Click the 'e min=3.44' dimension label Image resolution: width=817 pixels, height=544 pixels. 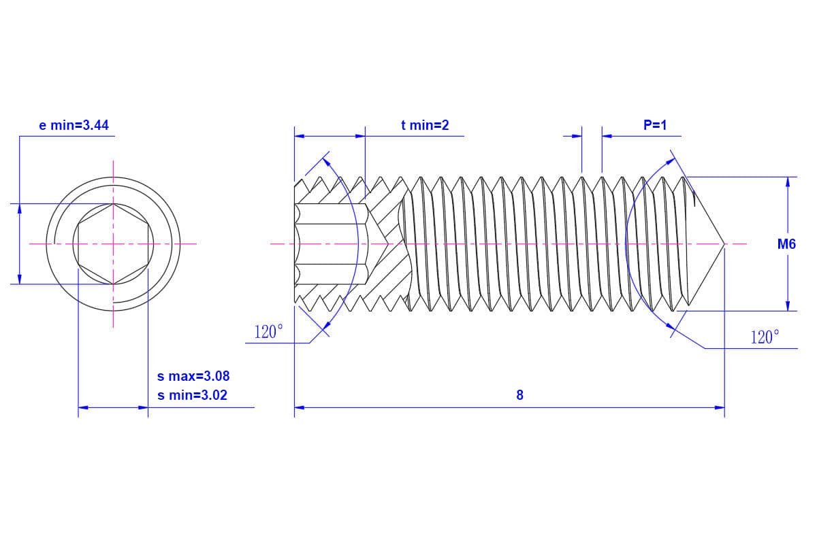click(x=74, y=125)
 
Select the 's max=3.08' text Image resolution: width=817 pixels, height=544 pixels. click(x=193, y=376)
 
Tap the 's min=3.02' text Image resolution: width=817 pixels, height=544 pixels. click(x=193, y=394)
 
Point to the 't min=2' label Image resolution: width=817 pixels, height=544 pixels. click(x=425, y=125)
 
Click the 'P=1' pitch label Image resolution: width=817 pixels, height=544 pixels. click(x=655, y=125)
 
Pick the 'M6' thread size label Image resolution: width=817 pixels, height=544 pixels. click(x=786, y=244)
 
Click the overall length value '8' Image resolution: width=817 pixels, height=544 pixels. click(x=519, y=395)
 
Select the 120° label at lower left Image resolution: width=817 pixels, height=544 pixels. click(x=268, y=332)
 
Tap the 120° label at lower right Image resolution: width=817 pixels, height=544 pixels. click(x=765, y=337)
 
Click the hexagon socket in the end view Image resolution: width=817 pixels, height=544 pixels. click(x=113, y=243)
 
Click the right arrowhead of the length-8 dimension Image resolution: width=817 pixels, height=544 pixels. click(x=720, y=407)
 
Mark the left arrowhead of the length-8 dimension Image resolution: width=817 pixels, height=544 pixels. click(x=299, y=407)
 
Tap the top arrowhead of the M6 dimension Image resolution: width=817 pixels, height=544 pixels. click(x=788, y=182)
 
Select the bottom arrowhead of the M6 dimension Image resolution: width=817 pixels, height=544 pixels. click(x=788, y=306)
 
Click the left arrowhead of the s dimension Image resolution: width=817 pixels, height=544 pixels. click(x=83, y=407)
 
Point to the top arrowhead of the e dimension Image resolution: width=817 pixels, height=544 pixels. click(x=20, y=208)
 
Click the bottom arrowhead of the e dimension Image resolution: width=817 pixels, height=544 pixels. click(x=20, y=279)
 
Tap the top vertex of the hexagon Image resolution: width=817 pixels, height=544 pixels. click(x=113, y=203)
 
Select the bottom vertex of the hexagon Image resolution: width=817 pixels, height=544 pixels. click(x=113, y=284)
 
